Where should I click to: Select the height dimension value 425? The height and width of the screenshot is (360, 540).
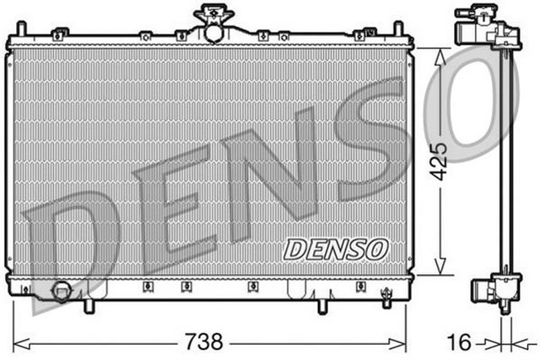pos(436,160)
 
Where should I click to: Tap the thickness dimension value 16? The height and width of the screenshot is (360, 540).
pos(458,341)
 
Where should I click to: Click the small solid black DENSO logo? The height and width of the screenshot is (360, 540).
pos(335,249)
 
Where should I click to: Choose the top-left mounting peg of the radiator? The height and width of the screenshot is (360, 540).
pos(19,30)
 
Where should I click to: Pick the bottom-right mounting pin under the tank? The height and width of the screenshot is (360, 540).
pos(321,305)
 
